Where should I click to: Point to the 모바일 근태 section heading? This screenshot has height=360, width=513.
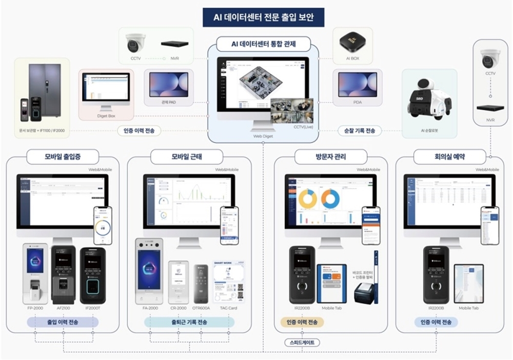pos(183,155)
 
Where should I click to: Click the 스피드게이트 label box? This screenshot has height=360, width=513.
pos(302,342)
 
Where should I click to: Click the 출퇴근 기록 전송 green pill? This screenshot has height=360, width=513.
pos(189,322)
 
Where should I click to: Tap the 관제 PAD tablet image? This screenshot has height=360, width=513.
pos(169,85)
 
